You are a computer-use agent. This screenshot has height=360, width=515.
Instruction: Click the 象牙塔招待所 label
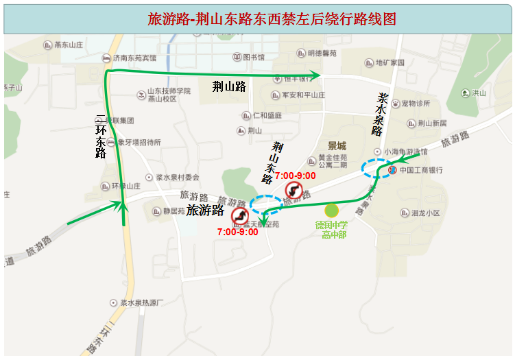pyautogui.click(x=139, y=143)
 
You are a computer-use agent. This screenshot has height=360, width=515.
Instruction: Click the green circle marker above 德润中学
pyautogui.click(x=332, y=211)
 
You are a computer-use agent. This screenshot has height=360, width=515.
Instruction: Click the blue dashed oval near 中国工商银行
pyautogui.click(x=377, y=169)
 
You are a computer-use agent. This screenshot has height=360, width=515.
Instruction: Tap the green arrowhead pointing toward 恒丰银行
pyautogui.click(x=317, y=73)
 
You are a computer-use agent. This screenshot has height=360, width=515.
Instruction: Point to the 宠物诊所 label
pyautogui.click(x=416, y=104)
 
